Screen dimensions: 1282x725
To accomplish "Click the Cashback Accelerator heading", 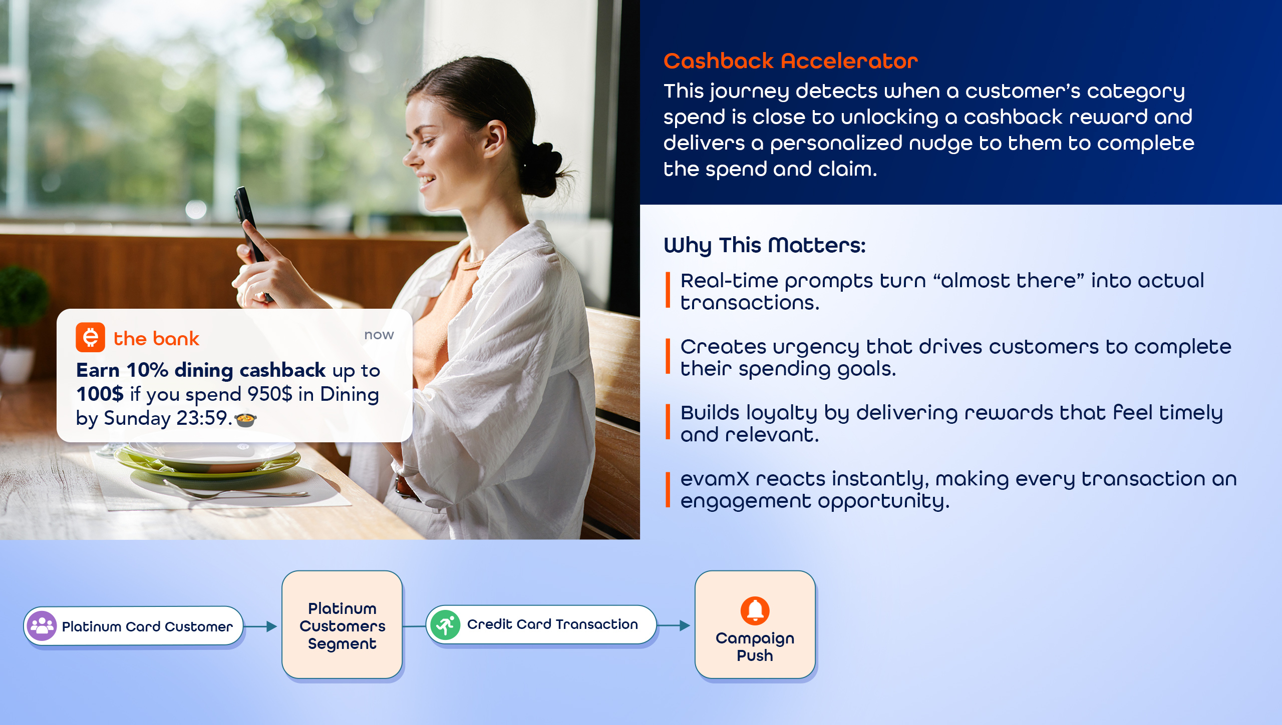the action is coord(790,61).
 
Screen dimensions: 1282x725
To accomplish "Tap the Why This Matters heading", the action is coord(764,245).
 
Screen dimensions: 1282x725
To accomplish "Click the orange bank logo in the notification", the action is coord(90,337).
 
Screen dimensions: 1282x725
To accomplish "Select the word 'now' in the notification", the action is coord(379,335).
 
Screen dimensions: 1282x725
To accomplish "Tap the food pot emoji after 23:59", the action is coord(245,419).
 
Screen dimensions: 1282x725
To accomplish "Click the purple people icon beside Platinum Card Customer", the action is coord(42,625).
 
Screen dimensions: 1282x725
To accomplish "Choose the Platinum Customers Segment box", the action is coord(342,625).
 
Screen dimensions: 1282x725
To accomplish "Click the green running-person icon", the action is coord(445,624).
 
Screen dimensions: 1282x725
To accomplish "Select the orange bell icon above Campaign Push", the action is coord(755,610).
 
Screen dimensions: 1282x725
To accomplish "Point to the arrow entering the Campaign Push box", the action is coord(674,625).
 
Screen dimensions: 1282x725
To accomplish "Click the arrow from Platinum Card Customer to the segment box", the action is coord(260,626).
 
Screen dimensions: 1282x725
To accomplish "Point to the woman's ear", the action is coord(493,138).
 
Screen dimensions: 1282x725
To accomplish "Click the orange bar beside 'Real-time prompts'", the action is coord(668,290).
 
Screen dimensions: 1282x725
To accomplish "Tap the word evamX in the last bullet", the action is coord(715,479).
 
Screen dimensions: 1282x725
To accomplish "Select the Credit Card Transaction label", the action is coord(552,624).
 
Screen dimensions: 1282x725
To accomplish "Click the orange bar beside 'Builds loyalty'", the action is coord(668,422).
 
